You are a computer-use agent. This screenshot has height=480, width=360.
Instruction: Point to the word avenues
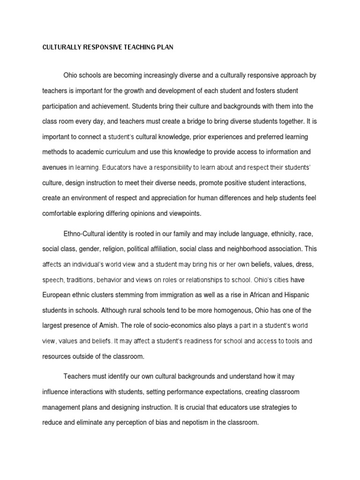point(54,167)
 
